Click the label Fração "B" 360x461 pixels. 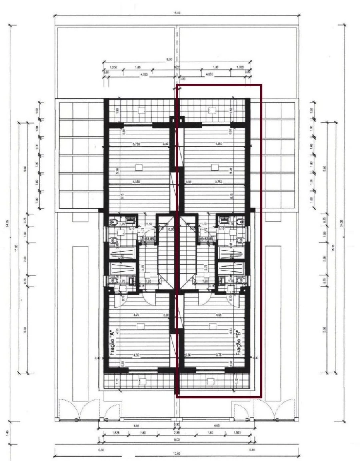click(x=239, y=343)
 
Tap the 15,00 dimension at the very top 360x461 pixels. click(x=177, y=13)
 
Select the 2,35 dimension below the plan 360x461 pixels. click(x=177, y=432)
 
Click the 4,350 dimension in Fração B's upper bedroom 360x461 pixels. click(x=218, y=144)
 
